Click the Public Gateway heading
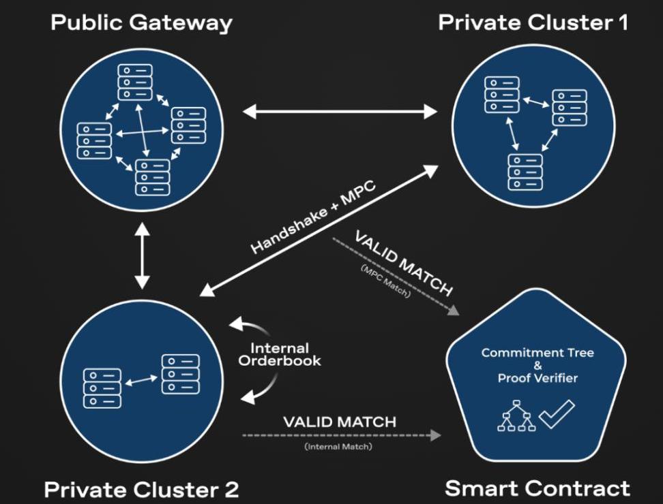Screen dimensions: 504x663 (x=141, y=22)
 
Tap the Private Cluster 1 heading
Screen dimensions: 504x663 (x=533, y=22)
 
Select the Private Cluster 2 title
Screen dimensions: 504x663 (x=141, y=489)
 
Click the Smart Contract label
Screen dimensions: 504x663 (x=537, y=488)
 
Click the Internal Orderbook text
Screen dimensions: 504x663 (x=279, y=354)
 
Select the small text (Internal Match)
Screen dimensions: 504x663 (x=339, y=447)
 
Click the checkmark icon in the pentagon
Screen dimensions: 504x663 (x=556, y=414)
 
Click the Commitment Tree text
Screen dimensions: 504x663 (x=537, y=353)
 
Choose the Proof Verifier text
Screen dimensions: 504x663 (x=537, y=378)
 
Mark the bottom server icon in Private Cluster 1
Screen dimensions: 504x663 (x=525, y=171)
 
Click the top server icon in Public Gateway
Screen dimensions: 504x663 (x=134, y=82)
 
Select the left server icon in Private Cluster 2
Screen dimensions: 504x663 (x=102, y=388)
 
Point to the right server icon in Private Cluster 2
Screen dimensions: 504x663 (x=181, y=373)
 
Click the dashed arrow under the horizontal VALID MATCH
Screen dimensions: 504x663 (x=339, y=434)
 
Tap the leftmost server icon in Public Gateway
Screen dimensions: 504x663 (x=94, y=140)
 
